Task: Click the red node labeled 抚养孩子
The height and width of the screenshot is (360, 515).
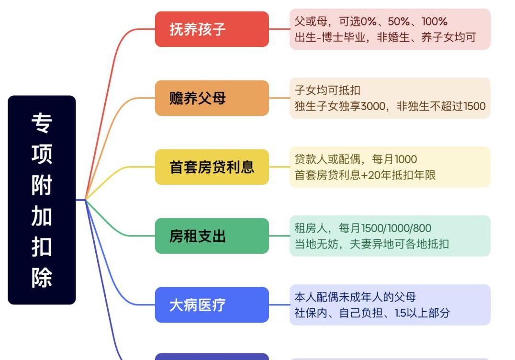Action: click(x=212, y=29)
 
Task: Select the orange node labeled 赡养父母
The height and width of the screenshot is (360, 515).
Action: click(x=212, y=98)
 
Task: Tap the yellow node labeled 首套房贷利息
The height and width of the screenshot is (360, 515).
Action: click(x=212, y=167)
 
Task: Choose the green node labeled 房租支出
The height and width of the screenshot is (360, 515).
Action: click(x=212, y=236)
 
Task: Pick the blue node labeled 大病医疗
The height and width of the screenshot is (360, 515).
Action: click(x=212, y=305)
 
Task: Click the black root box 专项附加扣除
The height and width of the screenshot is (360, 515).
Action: click(x=42, y=200)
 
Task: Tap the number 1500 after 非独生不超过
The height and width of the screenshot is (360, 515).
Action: click(x=474, y=106)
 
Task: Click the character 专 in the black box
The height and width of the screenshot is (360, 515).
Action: click(x=42, y=123)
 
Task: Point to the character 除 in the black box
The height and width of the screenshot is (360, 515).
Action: click(x=42, y=278)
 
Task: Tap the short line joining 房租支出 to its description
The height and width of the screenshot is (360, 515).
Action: click(x=279, y=236)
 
